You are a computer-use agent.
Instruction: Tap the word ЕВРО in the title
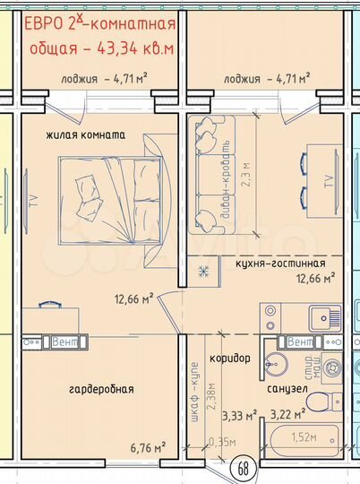pyautogui.click(x=44, y=22)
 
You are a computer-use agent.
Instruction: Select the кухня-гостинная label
pyautogui.click(x=281, y=264)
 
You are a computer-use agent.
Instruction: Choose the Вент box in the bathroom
pyautogui.click(x=295, y=342)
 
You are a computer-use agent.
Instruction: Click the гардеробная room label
pyautogui.click(x=101, y=389)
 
